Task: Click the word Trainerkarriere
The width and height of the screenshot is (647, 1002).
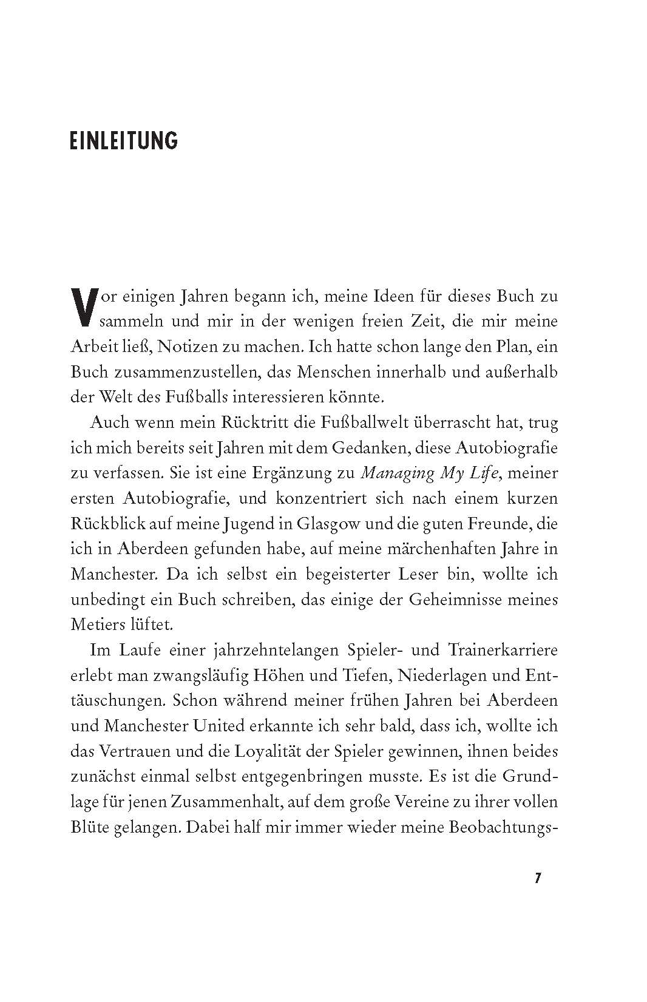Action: pyautogui.click(x=503, y=650)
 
